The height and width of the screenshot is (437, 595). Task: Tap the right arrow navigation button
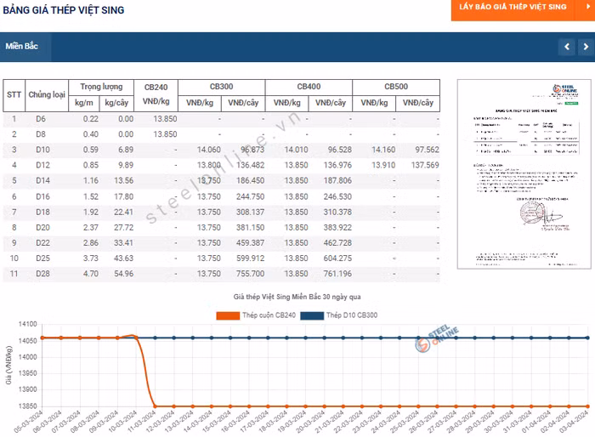pos(586,47)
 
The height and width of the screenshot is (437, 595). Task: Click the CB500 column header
pos(396,87)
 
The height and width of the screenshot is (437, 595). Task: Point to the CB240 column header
pos(156,87)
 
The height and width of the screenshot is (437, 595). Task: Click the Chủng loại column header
pos(47,94)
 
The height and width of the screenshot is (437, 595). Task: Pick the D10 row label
pos(42,150)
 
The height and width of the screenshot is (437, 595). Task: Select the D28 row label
pos(42,273)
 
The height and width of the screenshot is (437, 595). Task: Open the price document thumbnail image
pos(518,174)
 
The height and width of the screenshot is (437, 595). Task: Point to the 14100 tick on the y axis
pos(27,324)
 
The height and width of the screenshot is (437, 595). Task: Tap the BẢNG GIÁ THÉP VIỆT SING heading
pos(64,10)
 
